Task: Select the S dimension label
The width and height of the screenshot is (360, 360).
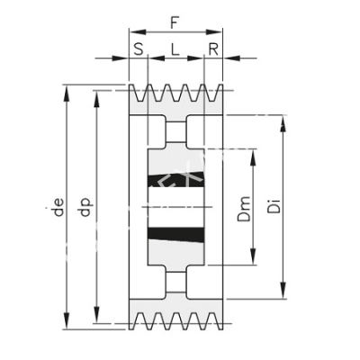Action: pyautogui.click(x=139, y=49)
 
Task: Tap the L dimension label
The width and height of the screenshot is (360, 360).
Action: pyautogui.click(x=175, y=49)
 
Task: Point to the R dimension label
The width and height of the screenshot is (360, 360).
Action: pyautogui.click(x=212, y=49)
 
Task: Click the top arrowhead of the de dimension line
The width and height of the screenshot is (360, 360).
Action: pyautogui.click(x=65, y=90)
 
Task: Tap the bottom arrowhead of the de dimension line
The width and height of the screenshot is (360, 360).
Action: pyautogui.click(x=65, y=328)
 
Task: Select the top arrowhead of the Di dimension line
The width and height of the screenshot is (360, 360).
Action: pyautogui.click(x=286, y=122)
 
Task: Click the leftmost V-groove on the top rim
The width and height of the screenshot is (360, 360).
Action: pyautogui.click(x=142, y=93)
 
